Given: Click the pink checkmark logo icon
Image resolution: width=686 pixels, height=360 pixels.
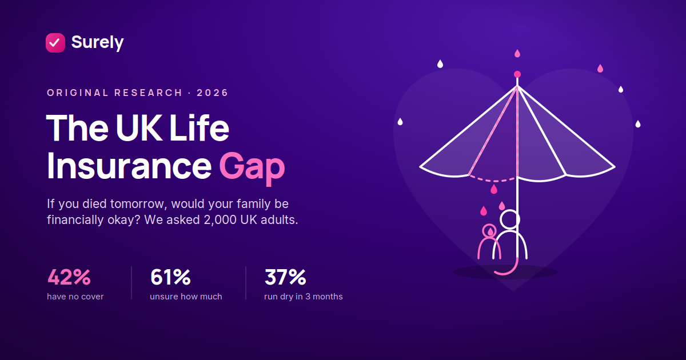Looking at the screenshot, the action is pos(55,43).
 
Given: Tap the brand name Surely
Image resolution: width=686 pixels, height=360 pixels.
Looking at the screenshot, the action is pos(97,42).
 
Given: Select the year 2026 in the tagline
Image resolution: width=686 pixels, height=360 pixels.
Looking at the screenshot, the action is pos(212,93).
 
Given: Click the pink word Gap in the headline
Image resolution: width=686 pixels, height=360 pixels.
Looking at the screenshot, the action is pos(252,167).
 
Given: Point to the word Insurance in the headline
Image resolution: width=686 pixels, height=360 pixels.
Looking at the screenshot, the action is pos(129,166).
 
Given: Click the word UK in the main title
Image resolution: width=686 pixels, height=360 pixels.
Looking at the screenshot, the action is pos(139,127).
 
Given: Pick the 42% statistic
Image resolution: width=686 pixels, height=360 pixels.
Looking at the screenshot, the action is pos(69,277).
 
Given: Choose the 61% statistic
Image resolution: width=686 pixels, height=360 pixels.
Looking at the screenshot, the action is pos(170,277).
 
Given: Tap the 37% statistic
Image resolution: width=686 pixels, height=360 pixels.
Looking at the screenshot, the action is pos(285,277).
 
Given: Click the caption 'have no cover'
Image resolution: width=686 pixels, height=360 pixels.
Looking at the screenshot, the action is pos(75,297).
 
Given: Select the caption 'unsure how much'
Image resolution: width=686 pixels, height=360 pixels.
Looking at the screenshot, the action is pos(186,297).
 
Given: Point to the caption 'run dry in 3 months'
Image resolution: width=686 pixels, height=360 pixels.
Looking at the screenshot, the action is pos(303,297).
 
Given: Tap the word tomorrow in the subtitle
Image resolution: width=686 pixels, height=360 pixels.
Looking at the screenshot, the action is pos(138,204).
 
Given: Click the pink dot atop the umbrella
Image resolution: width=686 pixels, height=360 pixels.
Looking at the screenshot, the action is pos(517,74).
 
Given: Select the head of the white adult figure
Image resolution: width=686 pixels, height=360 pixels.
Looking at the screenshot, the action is pos(510,219).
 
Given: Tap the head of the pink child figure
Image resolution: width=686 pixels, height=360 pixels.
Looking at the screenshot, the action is pos(489,231).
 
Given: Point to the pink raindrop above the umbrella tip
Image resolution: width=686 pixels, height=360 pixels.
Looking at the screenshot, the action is pos(517,54).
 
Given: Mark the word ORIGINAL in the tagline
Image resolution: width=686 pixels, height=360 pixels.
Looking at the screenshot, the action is pos(78,93).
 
